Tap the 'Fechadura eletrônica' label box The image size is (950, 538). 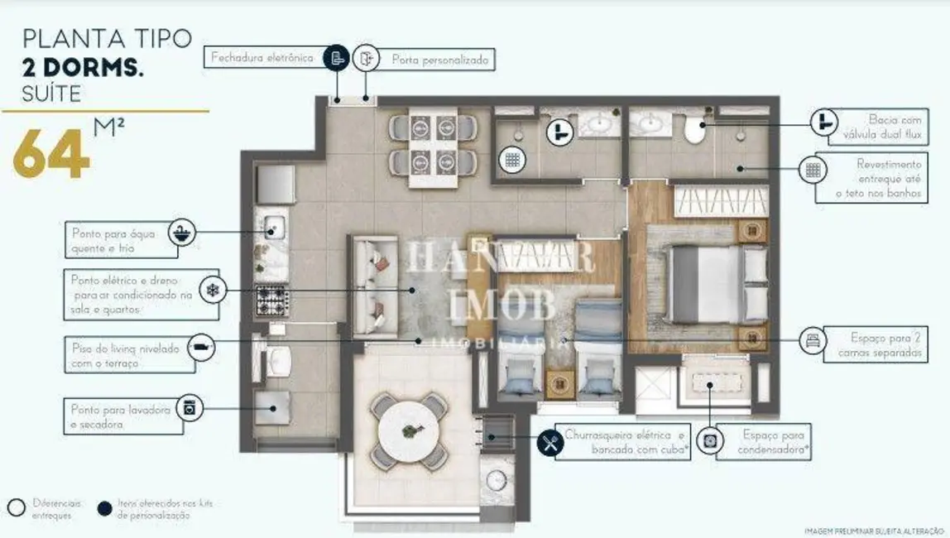click(261, 58)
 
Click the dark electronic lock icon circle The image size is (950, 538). click(335, 58)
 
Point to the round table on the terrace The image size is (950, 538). click(412, 430)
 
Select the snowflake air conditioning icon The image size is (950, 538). click(211, 291)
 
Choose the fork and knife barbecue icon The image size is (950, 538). click(550, 443)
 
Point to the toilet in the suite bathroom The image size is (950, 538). click(693, 129)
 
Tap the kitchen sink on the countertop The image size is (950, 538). click(273, 226)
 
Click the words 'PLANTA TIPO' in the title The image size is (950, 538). click(107, 38)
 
